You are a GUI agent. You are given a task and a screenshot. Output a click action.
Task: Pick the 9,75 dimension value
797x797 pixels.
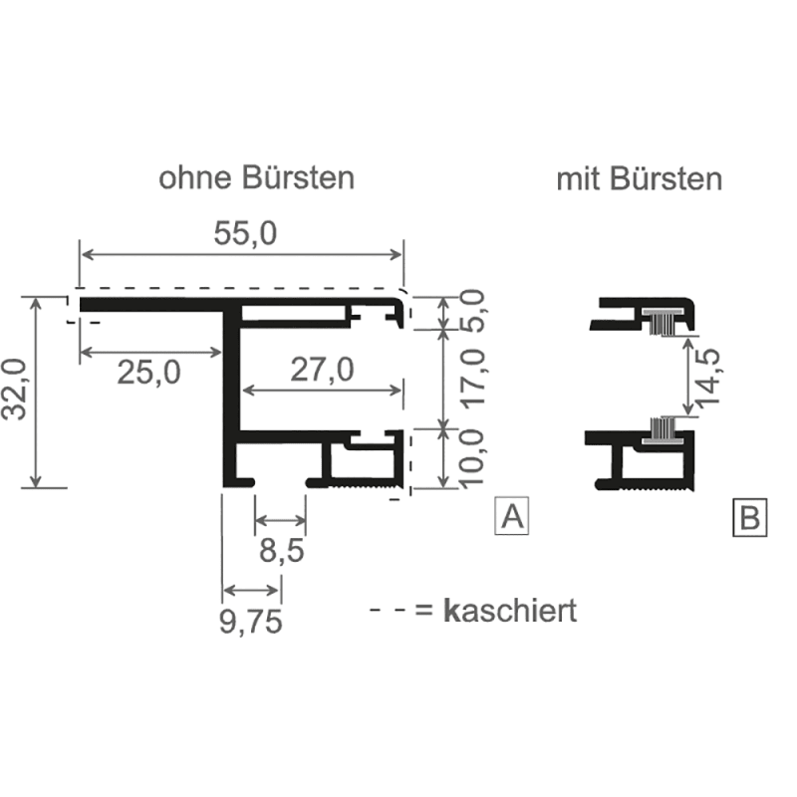pyautogui.click(x=250, y=622)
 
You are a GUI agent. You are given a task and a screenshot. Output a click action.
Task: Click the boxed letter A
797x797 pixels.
pyautogui.click(x=512, y=516)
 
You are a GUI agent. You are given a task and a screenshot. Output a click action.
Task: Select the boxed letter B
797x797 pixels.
pyautogui.click(x=750, y=518)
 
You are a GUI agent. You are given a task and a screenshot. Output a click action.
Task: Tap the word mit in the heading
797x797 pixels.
pyautogui.click(x=575, y=179)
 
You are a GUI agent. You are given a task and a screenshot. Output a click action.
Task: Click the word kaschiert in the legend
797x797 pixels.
pyautogui.click(x=511, y=610)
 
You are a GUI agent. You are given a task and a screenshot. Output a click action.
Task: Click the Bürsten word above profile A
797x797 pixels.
pyautogui.click(x=297, y=178)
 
